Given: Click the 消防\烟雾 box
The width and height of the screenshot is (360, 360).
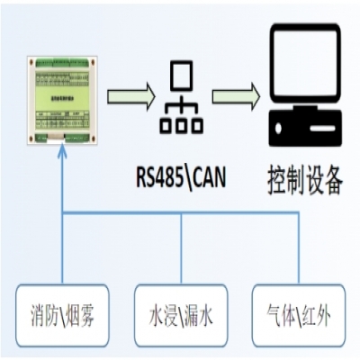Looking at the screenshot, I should tap(60, 316).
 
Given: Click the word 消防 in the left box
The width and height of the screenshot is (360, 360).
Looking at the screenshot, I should tap(40, 316).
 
